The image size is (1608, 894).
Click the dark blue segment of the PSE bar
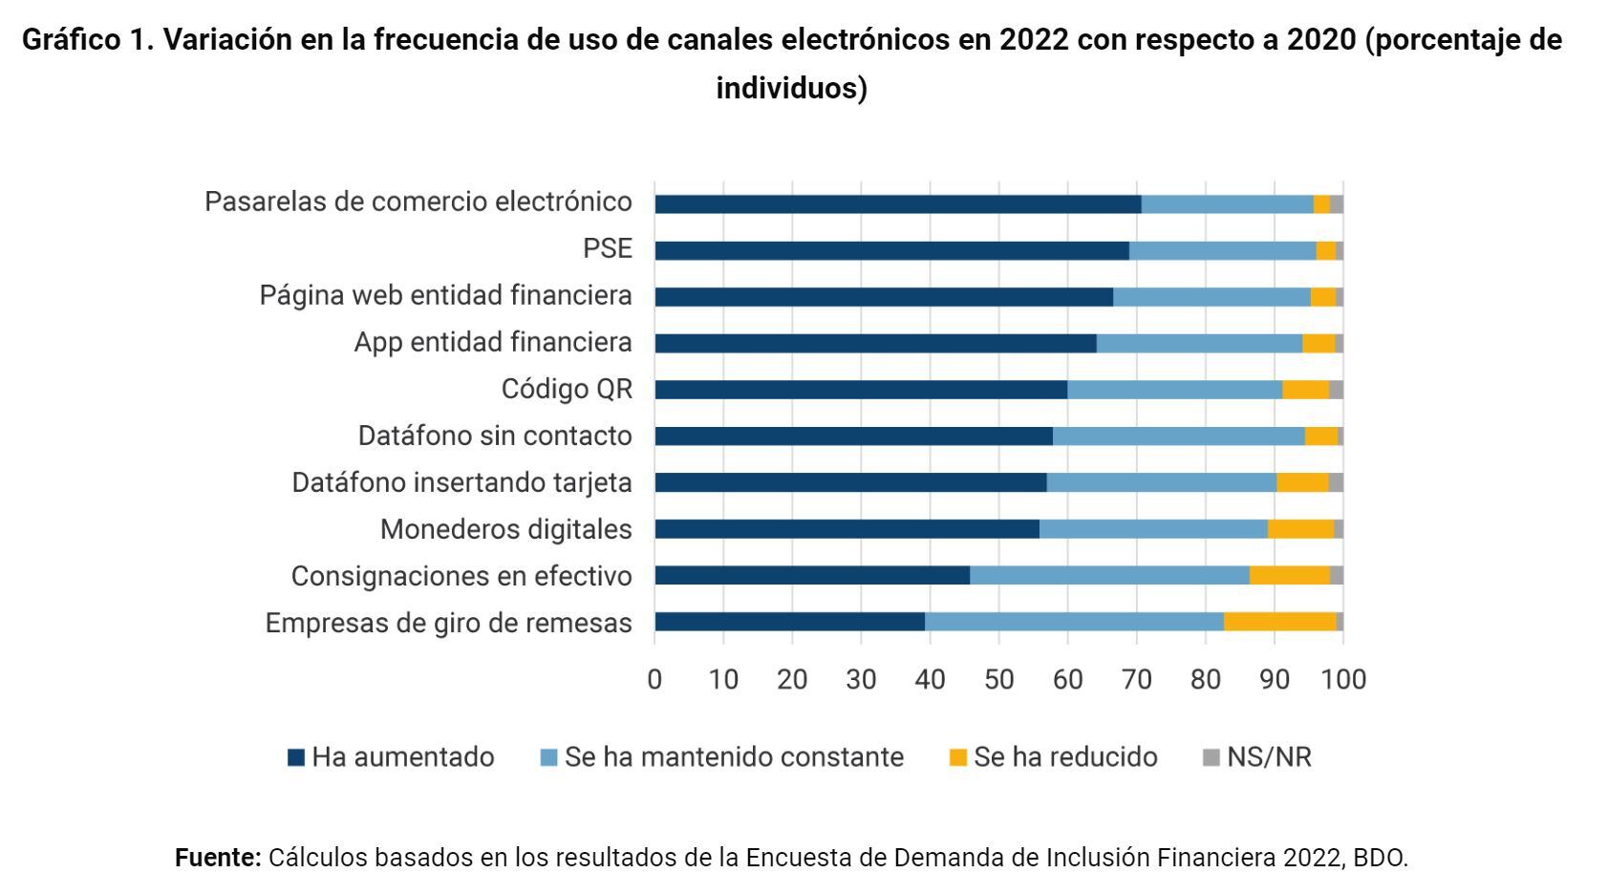click(891, 250)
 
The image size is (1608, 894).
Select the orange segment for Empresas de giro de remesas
click(1279, 622)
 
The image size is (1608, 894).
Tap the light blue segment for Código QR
click(1174, 390)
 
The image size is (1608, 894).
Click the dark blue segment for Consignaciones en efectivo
click(812, 575)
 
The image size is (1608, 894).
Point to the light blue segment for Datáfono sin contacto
click(1178, 436)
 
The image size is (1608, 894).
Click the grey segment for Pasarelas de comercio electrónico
click(1336, 203)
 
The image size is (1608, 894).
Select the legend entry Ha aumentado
click(391, 757)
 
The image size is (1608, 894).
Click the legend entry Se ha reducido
click(1053, 757)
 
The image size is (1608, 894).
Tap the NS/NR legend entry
click(1257, 757)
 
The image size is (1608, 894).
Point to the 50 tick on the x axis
click(998, 679)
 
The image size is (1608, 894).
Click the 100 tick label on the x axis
click(1344, 679)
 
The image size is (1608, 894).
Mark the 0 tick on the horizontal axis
click(654, 679)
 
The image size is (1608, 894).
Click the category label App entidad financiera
click(492, 342)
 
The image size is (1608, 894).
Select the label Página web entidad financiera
click(445, 295)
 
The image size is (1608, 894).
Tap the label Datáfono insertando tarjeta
click(461, 482)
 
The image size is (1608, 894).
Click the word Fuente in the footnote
click(217, 858)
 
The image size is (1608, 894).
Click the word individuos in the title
click(790, 88)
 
